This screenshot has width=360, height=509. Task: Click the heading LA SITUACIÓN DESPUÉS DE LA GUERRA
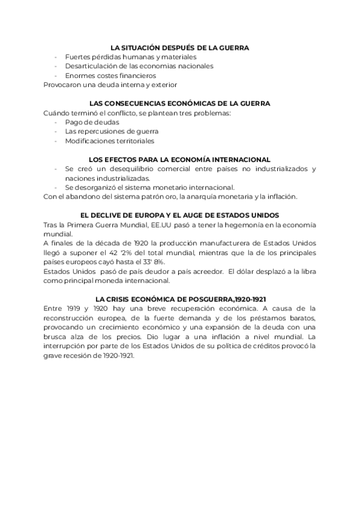(180, 47)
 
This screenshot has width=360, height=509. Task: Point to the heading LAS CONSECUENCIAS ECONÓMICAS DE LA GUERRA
(180, 103)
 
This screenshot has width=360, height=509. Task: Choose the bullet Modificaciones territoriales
(110, 140)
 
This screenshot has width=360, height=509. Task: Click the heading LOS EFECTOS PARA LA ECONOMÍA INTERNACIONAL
(180, 159)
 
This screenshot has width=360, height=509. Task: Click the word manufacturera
(227, 243)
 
